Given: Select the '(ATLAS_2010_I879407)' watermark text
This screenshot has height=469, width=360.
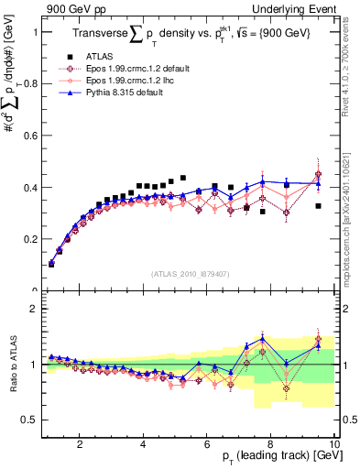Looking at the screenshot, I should click(189, 273).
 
